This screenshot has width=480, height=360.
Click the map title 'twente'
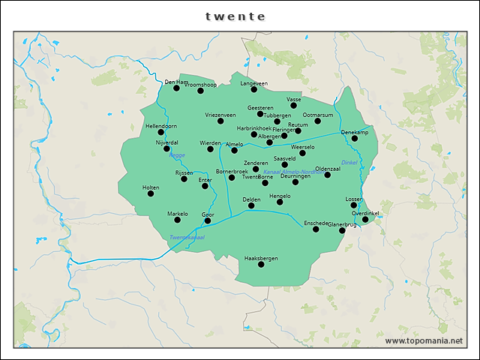(235, 16)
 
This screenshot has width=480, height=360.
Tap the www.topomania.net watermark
(423, 341)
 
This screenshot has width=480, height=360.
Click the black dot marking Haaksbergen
(261, 264)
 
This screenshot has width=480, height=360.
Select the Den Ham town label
(176, 82)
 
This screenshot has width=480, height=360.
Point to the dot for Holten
(151, 193)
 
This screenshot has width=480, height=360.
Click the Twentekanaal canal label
(187, 238)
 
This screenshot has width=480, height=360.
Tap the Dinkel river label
(349, 163)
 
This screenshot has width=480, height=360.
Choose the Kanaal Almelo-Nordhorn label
(289, 172)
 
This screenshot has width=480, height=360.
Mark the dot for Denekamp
(355, 139)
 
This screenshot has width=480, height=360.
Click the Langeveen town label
(253, 83)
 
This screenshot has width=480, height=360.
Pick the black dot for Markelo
(178, 220)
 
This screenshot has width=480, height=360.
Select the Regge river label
(177, 156)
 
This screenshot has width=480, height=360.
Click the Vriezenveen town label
(220, 115)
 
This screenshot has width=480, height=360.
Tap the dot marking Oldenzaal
(327, 175)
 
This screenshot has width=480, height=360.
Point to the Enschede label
(316, 223)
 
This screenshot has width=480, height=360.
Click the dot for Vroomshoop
(200, 91)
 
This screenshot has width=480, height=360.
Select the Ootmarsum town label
(317, 115)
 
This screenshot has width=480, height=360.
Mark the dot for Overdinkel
(365, 220)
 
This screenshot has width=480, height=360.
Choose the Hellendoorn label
(161, 126)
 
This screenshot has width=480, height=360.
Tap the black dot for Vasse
(294, 105)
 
